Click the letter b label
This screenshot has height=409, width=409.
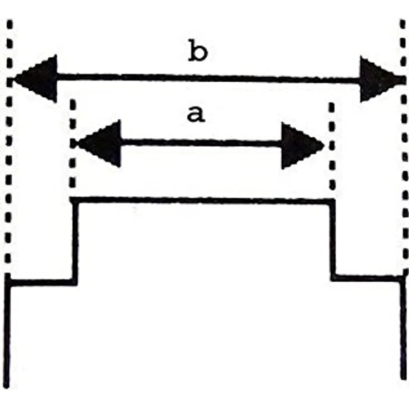click(x=198, y=51)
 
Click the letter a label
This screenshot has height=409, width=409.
click(x=196, y=114)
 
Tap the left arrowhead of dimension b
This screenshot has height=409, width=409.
click(x=34, y=78)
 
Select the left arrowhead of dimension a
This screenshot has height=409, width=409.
click(x=98, y=143)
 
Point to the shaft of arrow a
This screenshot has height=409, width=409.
click(x=201, y=143)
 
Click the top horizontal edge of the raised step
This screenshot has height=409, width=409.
click(x=202, y=201)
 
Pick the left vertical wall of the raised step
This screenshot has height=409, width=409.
click(x=74, y=241)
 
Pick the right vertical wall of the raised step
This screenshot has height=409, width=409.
click(x=332, y=240)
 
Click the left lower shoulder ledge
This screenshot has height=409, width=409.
click(x=41, y=282)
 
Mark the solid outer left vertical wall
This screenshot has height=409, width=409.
click(x=7, y=331)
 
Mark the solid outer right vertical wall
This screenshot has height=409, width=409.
click(x=403, y=328)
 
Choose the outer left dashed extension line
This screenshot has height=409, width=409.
click(x=9, y=146)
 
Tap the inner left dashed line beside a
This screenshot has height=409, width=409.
click(x=72, y=143)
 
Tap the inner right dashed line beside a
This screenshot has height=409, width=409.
click(x=332, y=146)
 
